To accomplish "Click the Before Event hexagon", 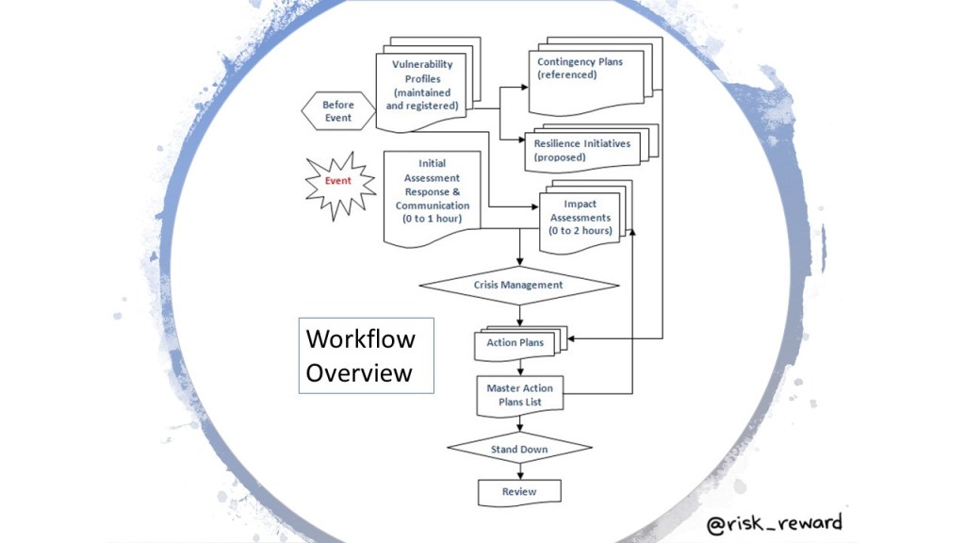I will coord(337,111).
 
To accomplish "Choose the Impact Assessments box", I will coord(580,218).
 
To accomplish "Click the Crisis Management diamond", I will coord(518,285).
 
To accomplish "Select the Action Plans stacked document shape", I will coord(515,343).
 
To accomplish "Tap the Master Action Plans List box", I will coord(519,395).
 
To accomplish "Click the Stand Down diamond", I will coord(518,450).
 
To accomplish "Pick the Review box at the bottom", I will coord(518,491).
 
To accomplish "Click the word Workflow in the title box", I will coord(360,339).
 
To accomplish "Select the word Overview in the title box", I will coord(359,372).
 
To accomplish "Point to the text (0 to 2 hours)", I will coord(580,230).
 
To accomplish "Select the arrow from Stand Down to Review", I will coord(519,472).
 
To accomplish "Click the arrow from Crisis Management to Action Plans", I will coord(519,315).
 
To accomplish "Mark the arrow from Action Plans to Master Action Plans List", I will coord(519,368).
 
